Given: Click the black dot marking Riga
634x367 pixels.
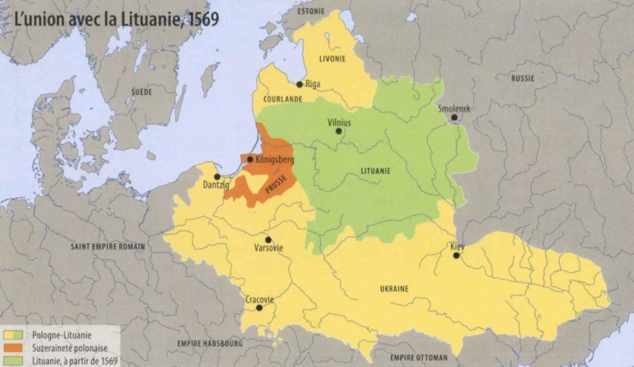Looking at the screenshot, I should [x=300, y=84].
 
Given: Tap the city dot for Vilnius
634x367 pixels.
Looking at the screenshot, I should [x=339, y=131].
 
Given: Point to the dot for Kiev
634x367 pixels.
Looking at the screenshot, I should [x=456, y=255].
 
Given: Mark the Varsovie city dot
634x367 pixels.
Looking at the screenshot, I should [x=268, y=240].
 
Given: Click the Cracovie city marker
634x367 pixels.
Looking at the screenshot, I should [x=259, y=308].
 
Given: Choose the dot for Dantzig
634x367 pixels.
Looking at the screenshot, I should [x=217, y=177].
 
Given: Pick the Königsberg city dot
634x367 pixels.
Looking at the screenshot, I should [x=250, y=159].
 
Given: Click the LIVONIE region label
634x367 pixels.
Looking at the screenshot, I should [x=332, y=59].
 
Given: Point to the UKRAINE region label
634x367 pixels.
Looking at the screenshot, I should [x=394, y=289].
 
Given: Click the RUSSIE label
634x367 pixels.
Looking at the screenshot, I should [x=523, y=78].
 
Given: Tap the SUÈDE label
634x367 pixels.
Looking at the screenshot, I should [x=142, y=92].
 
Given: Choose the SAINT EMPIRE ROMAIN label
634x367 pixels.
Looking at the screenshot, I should [x=108, y=246].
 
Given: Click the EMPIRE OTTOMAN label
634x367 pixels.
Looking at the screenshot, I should [x=419, y=357].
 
